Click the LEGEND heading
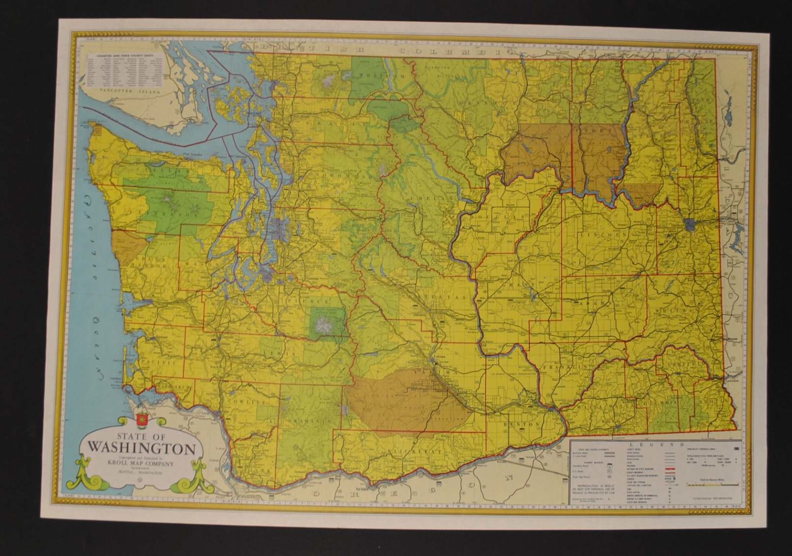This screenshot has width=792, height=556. coord(655,444)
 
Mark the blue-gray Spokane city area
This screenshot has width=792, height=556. coord(690,224)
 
